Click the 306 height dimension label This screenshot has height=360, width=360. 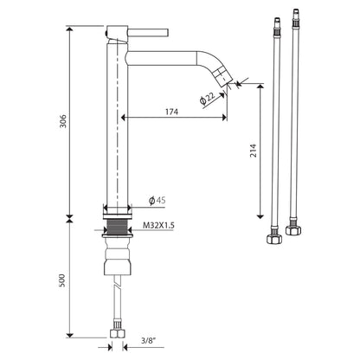[63, 121]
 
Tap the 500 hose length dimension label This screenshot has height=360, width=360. [62, 280]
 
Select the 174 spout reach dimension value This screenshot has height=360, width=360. [171, 112]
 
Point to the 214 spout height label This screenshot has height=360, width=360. [253, 151]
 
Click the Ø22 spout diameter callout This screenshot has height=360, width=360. [207, 98]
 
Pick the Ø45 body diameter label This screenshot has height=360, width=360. [157, 200]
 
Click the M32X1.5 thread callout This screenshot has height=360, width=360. [158, 225]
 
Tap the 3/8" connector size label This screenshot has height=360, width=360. [149, 340]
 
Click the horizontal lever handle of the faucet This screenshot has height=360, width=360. [148, 32]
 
